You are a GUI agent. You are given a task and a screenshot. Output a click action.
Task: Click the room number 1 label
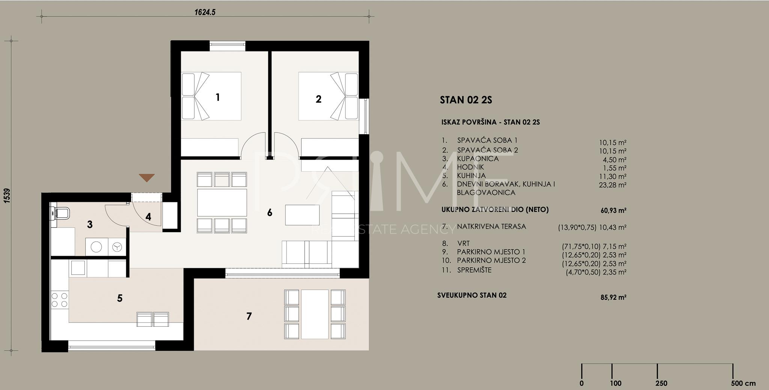[218, 97]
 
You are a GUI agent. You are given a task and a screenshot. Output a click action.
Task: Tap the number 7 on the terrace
[249, 316]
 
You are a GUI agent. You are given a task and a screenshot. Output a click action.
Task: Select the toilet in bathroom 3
[60, 213]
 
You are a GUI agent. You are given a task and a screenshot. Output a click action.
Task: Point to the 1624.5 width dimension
[205, 12]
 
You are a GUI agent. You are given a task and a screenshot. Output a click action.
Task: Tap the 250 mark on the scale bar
[661, 383]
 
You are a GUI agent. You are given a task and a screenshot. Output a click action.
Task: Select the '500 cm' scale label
[743, 383]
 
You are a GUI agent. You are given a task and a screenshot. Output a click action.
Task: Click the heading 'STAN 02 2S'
[466, 100]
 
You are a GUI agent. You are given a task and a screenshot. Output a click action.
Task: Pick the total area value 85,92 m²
[614, 297]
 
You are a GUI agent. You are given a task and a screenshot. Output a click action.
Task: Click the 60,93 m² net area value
[614, 210]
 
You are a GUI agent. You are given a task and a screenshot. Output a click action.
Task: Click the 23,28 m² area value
[613, 184]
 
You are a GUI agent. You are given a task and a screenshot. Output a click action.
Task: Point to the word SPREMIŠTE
[474, 270]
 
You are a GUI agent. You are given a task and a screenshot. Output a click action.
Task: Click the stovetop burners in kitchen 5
[59, 300]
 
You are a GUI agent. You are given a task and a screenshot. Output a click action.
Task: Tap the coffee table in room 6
[302, 215]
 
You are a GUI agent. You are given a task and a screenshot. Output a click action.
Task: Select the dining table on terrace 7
[315, 314]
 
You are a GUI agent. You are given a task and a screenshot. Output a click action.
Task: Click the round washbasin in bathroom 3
[97, 247]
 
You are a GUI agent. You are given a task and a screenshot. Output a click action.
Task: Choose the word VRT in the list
[463, 243]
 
